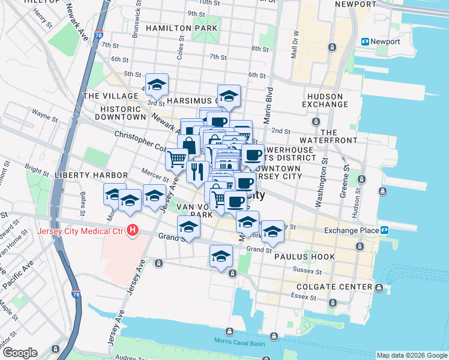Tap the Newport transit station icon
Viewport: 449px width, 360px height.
(364, 41)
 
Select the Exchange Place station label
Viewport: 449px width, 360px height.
(351, 230)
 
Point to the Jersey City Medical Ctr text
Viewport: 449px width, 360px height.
(79, 231)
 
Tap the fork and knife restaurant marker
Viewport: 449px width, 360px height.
(197, 172)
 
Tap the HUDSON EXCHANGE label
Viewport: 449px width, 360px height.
(325, 100)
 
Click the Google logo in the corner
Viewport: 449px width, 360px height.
(19, 353)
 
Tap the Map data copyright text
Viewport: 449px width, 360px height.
(412, 355)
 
